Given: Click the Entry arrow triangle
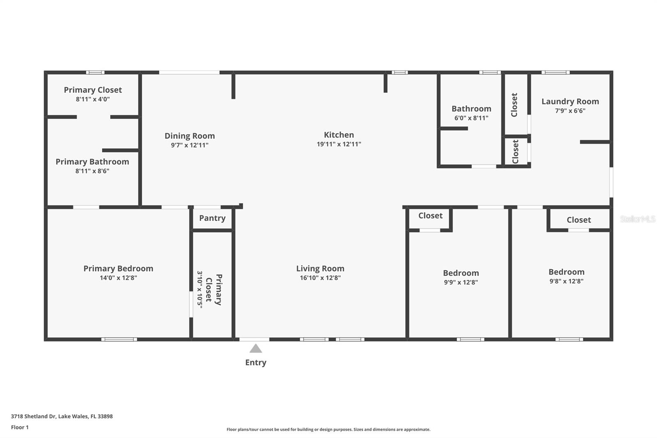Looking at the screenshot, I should pyautogui.click(x=255, y=349).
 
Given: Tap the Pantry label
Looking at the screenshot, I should pyautogui.click(x=212, y=218).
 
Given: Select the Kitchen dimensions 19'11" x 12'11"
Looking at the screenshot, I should pyautogui.click(x=339, y=144).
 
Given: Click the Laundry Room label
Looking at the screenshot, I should pyautogui.click(x=570, y=101).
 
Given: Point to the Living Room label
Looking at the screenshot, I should pyautogui.click(x=320, y=268).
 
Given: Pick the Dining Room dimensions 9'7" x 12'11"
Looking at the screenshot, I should pyautogui.click(x=190, y=145).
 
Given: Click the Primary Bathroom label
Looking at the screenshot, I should pyautogui.click(x=92, y=162).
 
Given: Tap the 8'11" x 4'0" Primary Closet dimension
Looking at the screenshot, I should pyautogui.click(x=93, y=99).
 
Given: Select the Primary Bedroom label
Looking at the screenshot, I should pyautogui.click(x=118, y=268).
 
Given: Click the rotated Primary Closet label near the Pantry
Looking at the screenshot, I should pyautogui.click(x=214, y=290).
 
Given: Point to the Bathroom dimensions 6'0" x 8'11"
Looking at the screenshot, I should pyautogui.click(x=471, y=118).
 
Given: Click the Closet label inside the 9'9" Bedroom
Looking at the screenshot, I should pyautogui.click(x=430, y=216).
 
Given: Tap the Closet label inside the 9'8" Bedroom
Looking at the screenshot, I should pyautogui.click(x=579, y=220).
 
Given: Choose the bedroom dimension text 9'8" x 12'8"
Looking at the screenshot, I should pyautogui.click(x=566, y=281).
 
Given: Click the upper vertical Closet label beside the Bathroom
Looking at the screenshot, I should pyautogui.click(x=515, y=105).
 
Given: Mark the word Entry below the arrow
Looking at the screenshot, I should pyautogui.click(x=255, y=362).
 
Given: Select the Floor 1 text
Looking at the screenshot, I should pyautogui.click(x=20, y=427).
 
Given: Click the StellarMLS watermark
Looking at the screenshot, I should pyautogui.click(x=637, y=219).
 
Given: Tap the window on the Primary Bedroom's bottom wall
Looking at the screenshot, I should pyautogui.click(x=119, y=339).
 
